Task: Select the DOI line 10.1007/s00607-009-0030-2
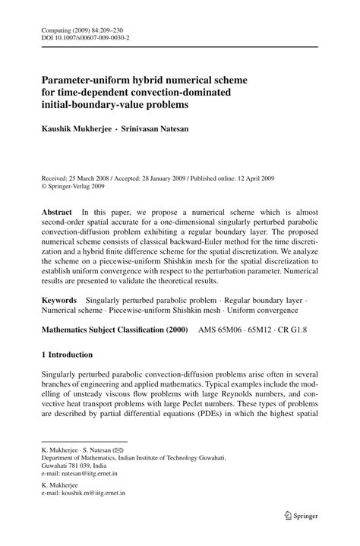[x=84, y=36]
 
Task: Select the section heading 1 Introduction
[x=67, y=355]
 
